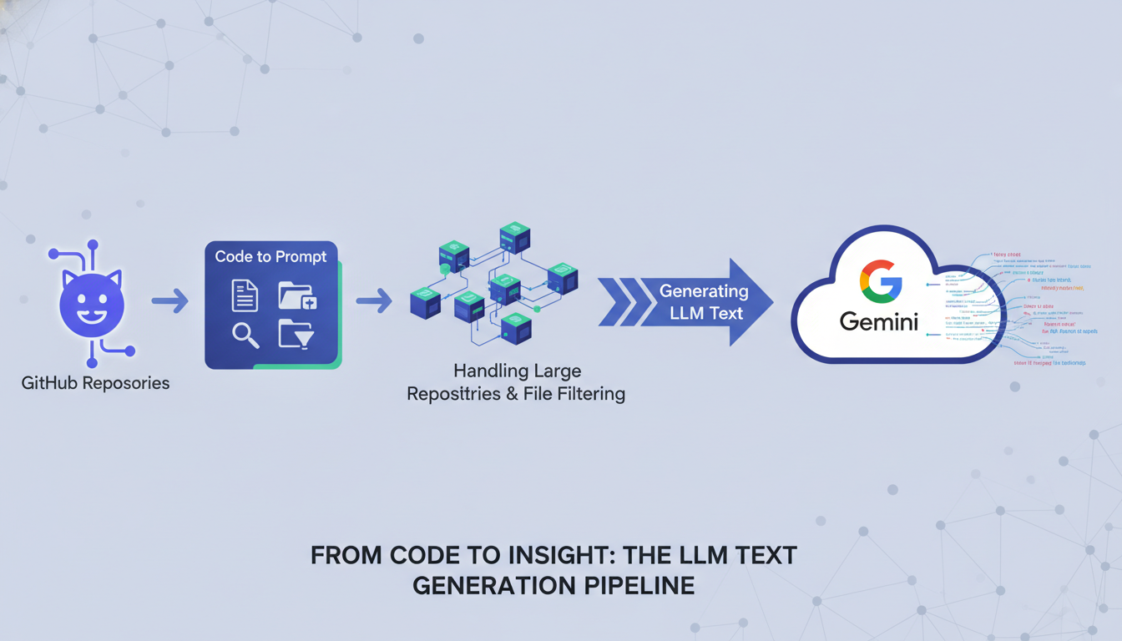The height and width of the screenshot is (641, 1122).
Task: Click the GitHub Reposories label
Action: [x=95, y=384]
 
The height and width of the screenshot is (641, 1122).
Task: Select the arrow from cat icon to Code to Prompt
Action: [x=169, y=301]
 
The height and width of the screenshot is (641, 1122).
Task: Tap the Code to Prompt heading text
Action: [x=270, y=257]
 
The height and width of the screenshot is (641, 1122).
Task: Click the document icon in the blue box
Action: [x=245, y=295]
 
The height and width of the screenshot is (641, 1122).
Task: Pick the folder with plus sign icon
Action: [x=297, y=295]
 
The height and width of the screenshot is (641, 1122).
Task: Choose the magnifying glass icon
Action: [x=245, y=336]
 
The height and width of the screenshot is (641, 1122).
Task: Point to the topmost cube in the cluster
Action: [x=515, y=237]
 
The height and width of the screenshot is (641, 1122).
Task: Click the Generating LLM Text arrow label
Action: [x=704, y=302]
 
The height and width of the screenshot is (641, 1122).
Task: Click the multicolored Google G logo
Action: [x=880, y=281]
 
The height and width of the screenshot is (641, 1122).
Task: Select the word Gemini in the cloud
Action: [x=879, y=321]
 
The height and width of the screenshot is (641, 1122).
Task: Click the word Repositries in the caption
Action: [x=453, y=393]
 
